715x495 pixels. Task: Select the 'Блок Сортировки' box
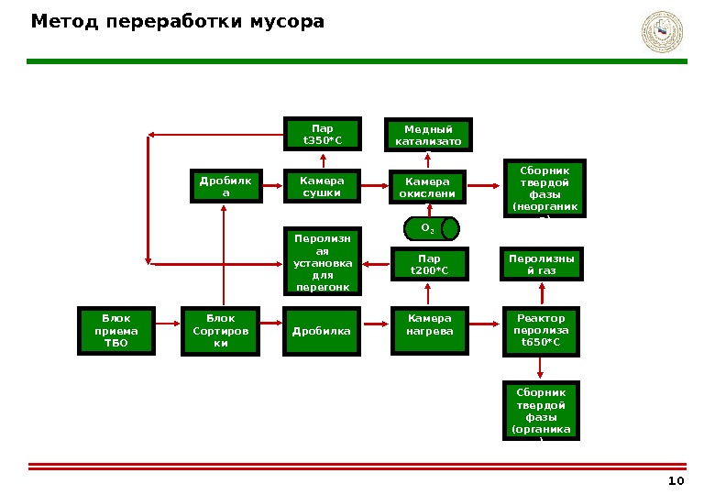(x=221, y=331)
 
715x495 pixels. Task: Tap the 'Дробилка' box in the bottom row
(x=322, y=331)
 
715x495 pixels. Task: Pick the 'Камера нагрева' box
(x=430, y=329)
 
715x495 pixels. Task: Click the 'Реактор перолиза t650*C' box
(x=542, y=330)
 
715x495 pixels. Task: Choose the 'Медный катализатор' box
(x=430, y=135)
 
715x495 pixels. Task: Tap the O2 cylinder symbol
(x=430, y=227)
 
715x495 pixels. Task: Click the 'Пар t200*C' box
(x=430, y=264)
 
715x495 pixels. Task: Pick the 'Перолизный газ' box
(x=542, y=264)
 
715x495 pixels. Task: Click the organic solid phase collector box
(x=541, y=411)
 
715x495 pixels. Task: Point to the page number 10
(x=676, y=482)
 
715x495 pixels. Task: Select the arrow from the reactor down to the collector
(x=541, y=367)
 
